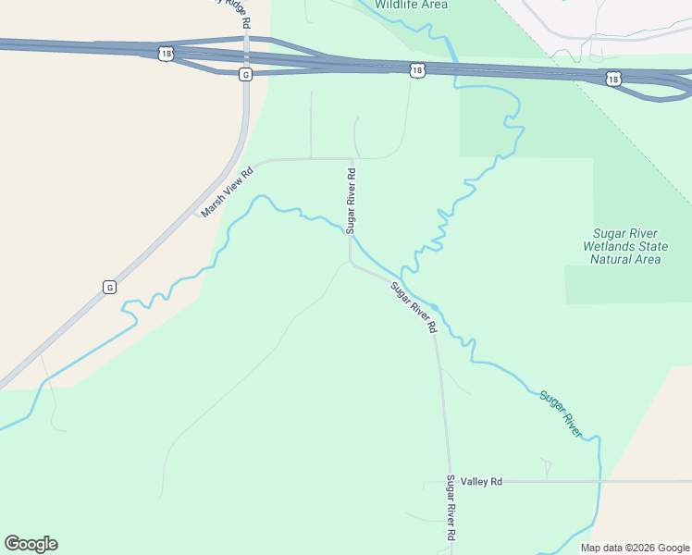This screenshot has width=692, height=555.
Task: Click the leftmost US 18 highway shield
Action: pyautogui.click(x=165, y=55)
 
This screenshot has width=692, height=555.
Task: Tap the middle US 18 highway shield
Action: pyautogui.click(x=417, y=69)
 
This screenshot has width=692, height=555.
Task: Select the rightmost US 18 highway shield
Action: pyautogui.click(x=614, y=79)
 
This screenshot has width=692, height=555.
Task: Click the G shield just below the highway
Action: pyautogui.click(x=245, y=73)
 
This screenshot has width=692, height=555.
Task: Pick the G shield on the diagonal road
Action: pyautogui.click(x=109, y=287)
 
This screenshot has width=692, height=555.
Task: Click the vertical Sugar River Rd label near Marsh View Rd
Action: pyautogui.click(x=351, y=200)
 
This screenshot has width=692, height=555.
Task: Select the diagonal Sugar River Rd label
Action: pyautogui.click(x=414, y=307)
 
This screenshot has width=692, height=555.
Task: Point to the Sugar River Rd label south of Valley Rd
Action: pyautogui.click(x=451, y=508)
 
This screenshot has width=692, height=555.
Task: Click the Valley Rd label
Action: pyautogui.click(x=483, y=481)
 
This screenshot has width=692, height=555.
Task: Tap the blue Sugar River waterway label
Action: pyautogui.click(x=562, y=413)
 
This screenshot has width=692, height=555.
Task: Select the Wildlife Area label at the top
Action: pyautogui.click(x=411, y=5)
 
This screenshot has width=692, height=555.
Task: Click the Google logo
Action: pyautogui.click(x=31, y=544)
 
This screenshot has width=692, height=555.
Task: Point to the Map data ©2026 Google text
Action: pyautogui.click(x=635, y=548)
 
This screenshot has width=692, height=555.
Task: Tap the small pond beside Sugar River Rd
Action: pyautogui.click(x=435, y=307)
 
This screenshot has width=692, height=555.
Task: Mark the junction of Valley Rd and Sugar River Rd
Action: pyautogui.click(x=449, y=482)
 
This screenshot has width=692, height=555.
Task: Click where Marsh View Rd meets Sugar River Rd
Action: pyautogui.click(x=351, y=159)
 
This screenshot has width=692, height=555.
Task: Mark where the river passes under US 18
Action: pyautogui.click(x=455, y=71)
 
